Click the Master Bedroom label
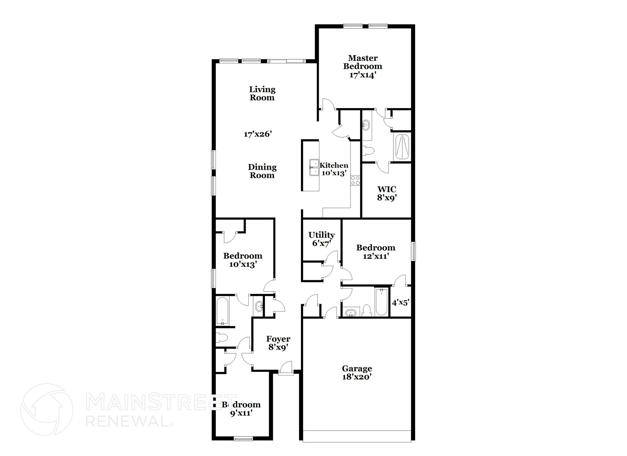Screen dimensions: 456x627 pyautogui.click(x=362, y=62)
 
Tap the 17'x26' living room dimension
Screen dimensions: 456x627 pyautogui.click(x=258, y=134)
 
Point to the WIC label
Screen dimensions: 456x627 pyautogui.click(x=387, y=189)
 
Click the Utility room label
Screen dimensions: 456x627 pyautogui.click(x=321, y=235)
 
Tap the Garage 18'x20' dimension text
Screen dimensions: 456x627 pyautogui.click(x=357, y=377)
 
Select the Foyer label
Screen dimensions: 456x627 pyautogui.click(x=278, y=339)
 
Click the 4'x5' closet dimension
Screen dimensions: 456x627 pyautogui.click(x=400, y=303)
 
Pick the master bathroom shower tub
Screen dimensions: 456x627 pyautogui.click(x=402, y=147)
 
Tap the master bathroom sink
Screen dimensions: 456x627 pyautogui.click(x=366, y=125)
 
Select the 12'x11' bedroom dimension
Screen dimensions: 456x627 pyautogui.click(x=376, y=256)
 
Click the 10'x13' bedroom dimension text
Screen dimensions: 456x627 pyautogui.click(x=242, y=264)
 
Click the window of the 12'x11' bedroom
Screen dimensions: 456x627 pyautogui.click(x=413, y=251)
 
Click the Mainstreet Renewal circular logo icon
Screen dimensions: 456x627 pyautogui.click(x=47, y=409)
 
